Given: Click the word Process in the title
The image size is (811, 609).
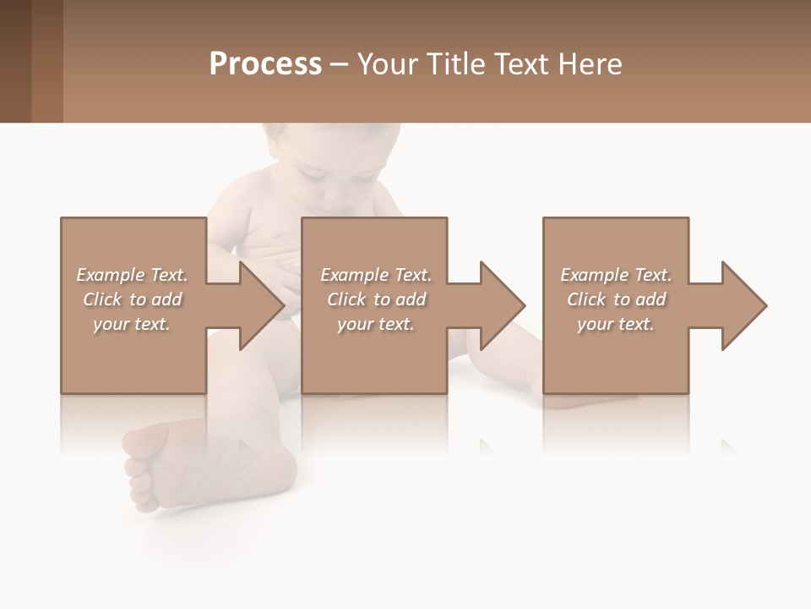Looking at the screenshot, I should coord(265,64).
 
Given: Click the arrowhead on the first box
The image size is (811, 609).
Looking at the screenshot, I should coord(262,305).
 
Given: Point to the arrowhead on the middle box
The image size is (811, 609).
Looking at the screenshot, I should coord(503,305).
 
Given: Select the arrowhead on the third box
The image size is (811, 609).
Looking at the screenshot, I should coord(744,305).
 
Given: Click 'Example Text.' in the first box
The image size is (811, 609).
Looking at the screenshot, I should coord(133,275).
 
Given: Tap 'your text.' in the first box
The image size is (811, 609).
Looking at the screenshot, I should coord(133,324).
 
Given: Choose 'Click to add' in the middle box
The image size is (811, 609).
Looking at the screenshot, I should coord(375,299).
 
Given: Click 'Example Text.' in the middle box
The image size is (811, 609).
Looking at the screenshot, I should coord(375,275).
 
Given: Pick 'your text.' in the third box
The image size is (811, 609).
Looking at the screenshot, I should coord(616,324).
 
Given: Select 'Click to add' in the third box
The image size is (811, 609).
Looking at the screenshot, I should coord(616,299).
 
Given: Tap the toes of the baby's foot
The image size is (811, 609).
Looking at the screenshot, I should coord(135,474).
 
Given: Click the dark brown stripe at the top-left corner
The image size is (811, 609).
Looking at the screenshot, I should coord(15,61).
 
